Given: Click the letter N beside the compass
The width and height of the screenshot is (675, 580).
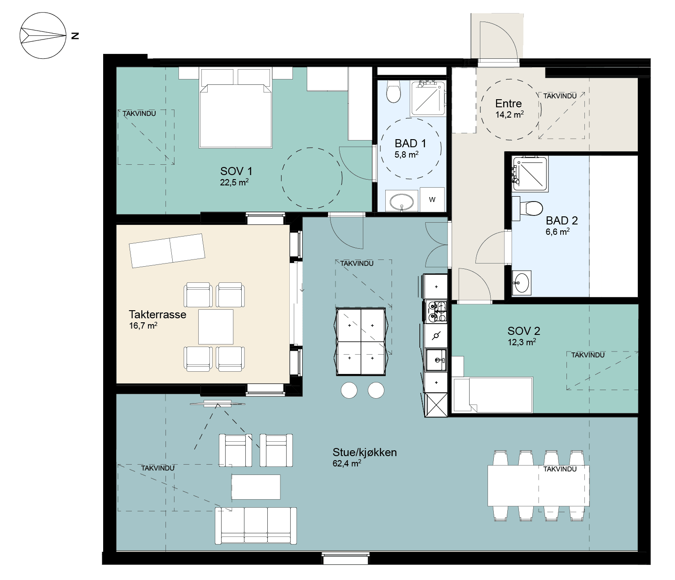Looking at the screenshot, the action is (x=75, y=36).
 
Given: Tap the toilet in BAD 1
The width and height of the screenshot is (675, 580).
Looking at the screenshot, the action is (x=393, y=92).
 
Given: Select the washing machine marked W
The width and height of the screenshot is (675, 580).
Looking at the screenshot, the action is (x=432, y=199).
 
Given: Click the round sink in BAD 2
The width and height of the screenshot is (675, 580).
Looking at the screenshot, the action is (x=522, y=283).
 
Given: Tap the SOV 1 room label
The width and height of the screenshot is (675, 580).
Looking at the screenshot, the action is (x=236, y=171).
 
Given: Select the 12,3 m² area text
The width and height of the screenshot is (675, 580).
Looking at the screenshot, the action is (x=522, y=342).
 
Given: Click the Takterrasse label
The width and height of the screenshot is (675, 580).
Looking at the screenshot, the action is (x=157, y=315).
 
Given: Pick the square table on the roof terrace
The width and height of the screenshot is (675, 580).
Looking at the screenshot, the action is (x=216, y=327).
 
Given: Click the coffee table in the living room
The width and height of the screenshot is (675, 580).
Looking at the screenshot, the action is (x=256, y=487).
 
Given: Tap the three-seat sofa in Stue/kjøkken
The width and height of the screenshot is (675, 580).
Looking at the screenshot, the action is (x=256, y=526).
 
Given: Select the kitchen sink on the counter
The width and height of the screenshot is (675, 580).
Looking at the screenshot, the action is (x=436, y=360).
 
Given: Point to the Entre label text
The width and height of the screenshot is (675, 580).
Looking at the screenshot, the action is (x=509, y=104).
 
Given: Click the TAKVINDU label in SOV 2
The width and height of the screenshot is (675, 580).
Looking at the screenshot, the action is (x=588, y=355).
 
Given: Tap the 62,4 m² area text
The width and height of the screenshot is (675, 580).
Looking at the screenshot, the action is (x=347, y=463).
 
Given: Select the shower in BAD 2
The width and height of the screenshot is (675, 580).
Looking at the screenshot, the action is (x=530, y=174).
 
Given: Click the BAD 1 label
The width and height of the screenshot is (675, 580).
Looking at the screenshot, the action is (x=410, y=144).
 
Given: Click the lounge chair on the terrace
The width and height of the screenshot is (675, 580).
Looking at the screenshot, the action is (x=167, y=251).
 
